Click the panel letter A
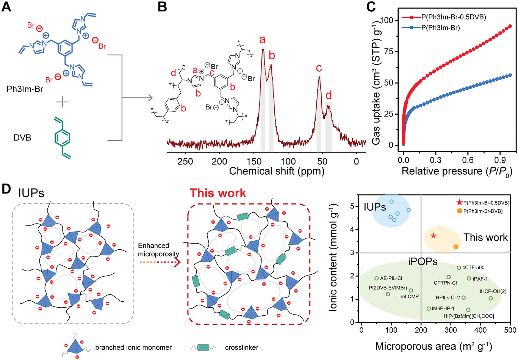tap(6, 8)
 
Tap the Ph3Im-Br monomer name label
tap(25, 89)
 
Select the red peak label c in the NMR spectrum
tap(319, 68)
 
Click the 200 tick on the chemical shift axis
tap(219, 161)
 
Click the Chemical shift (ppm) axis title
tap(277, 171)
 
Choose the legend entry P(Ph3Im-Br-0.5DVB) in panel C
tap(454, 17)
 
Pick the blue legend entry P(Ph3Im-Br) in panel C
tap(440, 27)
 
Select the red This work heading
tap(218, 193)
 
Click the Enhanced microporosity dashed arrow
tap(158, 262)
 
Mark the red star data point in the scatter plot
tap(433, 236)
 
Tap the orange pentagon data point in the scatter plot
tap(456, 247)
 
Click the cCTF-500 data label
tap(473, 268)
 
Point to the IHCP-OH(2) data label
tap(493, 291)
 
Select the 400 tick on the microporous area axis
tap(480, 330)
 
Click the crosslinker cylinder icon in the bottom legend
tap(203, 347)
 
